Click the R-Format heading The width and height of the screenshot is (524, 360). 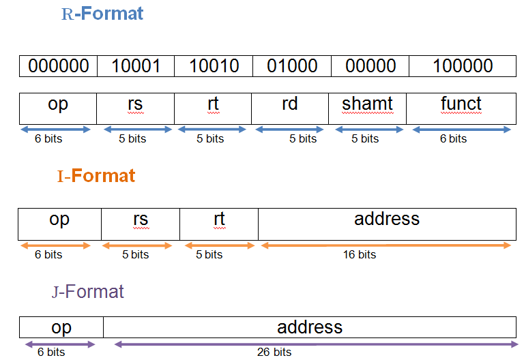click(102, 14)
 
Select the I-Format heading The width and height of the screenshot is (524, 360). click(96, 176)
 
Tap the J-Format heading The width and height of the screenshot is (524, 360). click(88, 292)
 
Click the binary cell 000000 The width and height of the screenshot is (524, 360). click(59, 65)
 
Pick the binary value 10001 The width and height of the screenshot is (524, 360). click(136, 65)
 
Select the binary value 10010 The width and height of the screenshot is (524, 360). click(214, 65)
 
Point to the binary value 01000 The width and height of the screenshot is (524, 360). click(292, 65)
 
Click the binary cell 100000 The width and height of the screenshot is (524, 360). click(463, 65)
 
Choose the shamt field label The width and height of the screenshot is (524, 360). click(367, 104)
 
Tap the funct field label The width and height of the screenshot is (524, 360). click(461, 104)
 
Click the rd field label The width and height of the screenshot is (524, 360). click(290, 104)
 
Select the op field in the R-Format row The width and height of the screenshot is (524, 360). click(58, 108)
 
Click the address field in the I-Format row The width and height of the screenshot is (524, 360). click(387, 224)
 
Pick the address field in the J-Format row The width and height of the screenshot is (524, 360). click(310, 327)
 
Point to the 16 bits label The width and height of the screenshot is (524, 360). click(360, 255)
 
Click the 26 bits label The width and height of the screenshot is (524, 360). click(274, 352)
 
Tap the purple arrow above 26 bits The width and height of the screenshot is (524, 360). click(316, 344)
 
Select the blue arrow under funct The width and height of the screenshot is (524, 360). click(462, 130)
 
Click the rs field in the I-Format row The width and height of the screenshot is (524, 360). click(141, 224)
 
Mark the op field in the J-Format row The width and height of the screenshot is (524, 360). click(61, 327)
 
